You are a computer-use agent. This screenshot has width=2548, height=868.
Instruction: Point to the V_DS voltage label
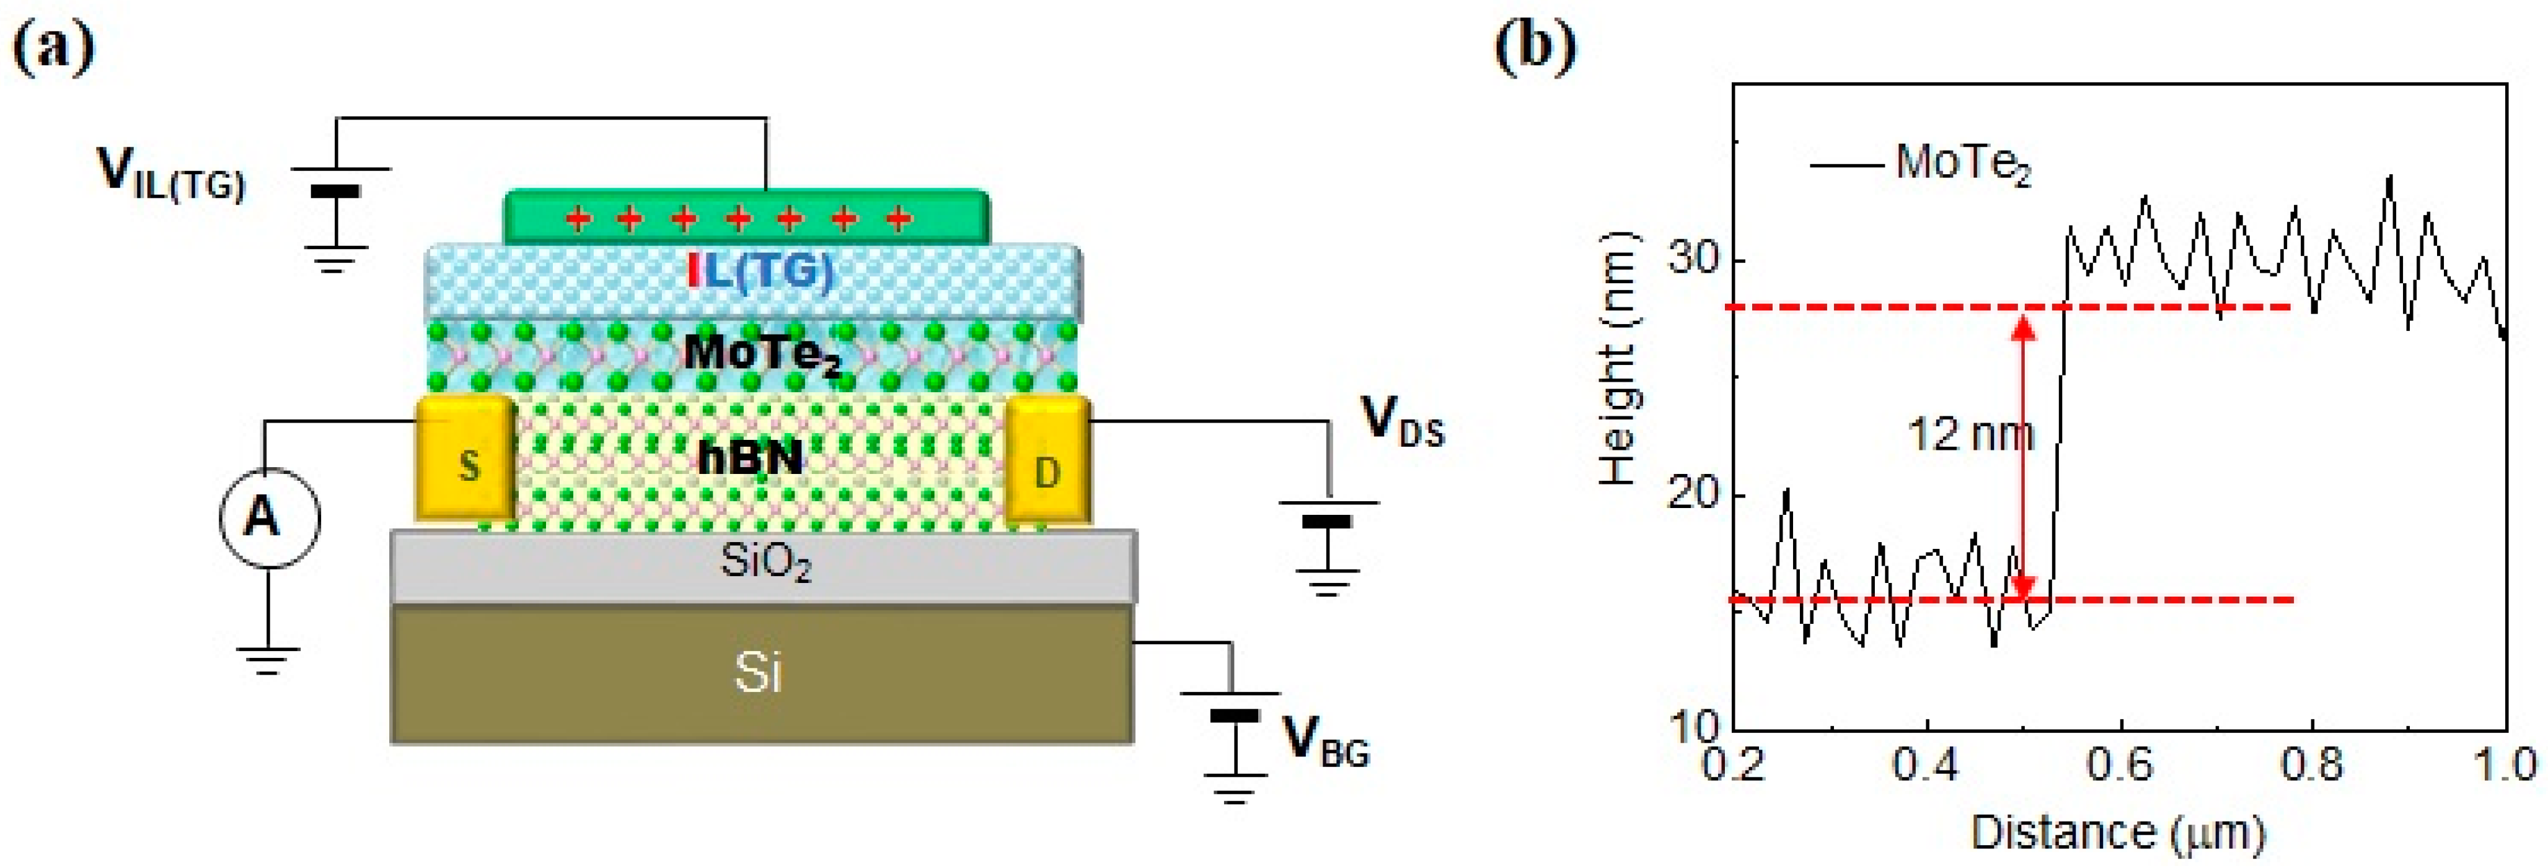click(1403, 423)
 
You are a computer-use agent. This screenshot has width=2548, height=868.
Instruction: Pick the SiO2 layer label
click(765, 564)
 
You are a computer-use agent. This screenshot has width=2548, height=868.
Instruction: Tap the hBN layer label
click(750, 457)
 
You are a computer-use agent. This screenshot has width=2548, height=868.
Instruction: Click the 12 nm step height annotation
click(1968, 435)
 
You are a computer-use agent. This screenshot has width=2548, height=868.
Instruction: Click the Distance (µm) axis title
click(2117, 833)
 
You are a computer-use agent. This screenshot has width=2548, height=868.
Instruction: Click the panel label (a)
click(55, 48)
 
